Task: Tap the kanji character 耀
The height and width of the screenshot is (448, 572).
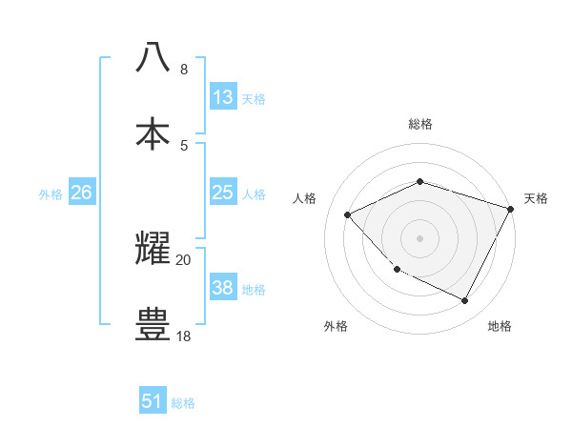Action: tap(153, 248)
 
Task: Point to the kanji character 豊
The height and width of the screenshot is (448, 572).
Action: tap(153, 324)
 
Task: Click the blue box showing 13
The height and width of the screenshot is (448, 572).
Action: tap(223, 97)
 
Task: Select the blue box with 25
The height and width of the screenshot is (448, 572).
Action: tap(223, 193)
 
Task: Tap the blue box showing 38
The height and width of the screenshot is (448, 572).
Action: tap(223, 288)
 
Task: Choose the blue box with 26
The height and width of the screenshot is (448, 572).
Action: tap(81, 193)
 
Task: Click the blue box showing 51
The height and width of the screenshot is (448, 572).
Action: tap(153, 401)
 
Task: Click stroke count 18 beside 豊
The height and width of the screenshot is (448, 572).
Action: tap(183, 336)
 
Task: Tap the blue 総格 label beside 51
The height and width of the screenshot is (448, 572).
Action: tap(183, 403)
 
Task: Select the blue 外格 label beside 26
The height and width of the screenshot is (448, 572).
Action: tap(51, 194)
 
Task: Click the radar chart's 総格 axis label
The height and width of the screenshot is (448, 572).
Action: tap(419, 124)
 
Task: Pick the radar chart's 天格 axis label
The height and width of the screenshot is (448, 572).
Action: tap(536, 198)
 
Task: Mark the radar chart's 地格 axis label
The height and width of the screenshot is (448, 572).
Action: tap(500, 326)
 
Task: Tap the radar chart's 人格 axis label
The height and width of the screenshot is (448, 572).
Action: tap(304, 198)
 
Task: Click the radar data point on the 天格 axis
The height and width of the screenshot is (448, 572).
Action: tap(511, 209)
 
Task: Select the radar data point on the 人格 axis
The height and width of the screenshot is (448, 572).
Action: tap(348, 215)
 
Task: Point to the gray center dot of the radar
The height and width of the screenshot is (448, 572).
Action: tap(419, 237)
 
